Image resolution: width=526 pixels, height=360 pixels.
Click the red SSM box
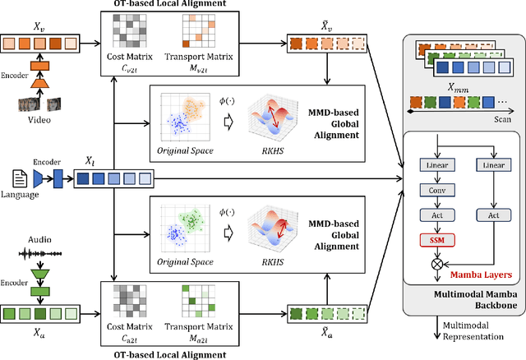pyautogui.click(x=435, y=239)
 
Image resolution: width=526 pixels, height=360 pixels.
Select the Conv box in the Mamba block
pyautogui.click(x=435, y=191)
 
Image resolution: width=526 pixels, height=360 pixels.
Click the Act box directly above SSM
pyautogui.click(x=435, y=215)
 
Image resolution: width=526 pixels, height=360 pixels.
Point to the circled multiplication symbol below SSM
pyautogui.click(x=435, y=265)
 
